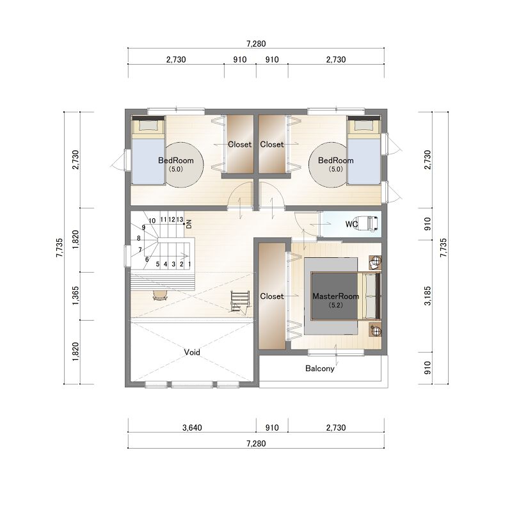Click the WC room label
[x=351, y=225]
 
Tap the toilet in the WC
[x=369, y=223]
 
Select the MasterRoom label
[x=335, y=296]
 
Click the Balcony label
[x=319, y=369]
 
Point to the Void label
[x=191, y=353]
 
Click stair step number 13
[x=180, y=220]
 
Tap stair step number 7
[x=140, y=250]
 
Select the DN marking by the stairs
[x=189, y=224]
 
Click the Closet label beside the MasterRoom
[x=271, y=296]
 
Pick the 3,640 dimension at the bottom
[x=192, y=428]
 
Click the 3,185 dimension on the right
[x=427, y=296]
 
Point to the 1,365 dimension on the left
[x=76, y=296]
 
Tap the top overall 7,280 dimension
[x=256, y=44]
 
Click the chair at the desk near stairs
[x=160, y=295]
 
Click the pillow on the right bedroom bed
[x=364, y=125]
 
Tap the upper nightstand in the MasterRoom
[x=375, y=262]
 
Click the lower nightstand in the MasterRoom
[x=375, y=329]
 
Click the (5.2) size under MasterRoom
[x=335, y=305]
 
